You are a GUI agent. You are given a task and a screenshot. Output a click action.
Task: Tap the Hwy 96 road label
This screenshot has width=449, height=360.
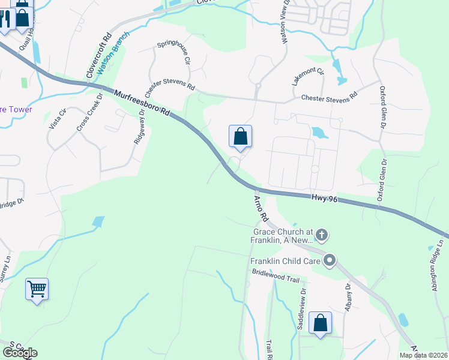click(325, 199)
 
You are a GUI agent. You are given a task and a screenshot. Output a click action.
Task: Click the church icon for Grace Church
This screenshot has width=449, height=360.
click(322, 235)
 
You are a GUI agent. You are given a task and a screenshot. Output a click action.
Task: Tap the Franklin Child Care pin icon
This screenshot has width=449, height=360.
click(330, 260)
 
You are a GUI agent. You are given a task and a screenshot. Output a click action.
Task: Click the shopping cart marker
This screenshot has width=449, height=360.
click(37, 289)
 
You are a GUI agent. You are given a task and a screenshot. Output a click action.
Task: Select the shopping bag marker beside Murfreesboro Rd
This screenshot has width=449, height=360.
click(240, 137)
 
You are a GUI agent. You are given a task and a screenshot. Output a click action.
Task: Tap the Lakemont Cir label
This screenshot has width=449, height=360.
click(308, 77)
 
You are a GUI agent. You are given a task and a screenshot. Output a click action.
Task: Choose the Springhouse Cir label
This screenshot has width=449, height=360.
click(173, 52)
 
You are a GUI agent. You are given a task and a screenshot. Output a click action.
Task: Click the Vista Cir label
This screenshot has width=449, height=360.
click(58, 119)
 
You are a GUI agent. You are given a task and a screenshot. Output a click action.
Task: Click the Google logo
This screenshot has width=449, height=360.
click(20, 353)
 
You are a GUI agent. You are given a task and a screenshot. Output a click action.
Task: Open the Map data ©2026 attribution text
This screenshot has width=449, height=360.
click(424, 355)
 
